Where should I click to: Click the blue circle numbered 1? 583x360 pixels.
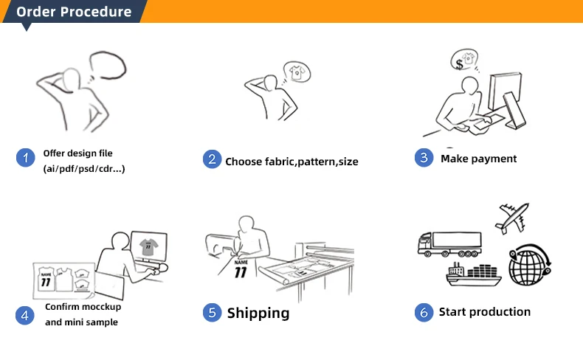point(25,158)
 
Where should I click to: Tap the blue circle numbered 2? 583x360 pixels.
point(212,159)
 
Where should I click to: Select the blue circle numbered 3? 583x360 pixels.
point(424,158)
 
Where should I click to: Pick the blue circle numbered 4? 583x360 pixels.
point(24,316)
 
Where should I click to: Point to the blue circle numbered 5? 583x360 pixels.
point(212,312)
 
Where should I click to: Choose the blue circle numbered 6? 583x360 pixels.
point(424,312)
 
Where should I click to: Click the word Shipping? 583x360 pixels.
point(258,314)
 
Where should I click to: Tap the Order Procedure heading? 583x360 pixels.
point(74,12)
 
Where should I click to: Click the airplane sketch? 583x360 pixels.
point(512,218)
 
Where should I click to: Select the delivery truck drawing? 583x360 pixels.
point(449,244)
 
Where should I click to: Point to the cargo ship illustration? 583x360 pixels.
point(474,274)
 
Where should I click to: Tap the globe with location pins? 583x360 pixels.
point(530,265)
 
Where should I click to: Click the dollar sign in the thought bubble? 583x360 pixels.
point(459,64)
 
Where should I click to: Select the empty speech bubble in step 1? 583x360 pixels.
point(108,66)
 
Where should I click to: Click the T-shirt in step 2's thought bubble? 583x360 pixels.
point(297,72)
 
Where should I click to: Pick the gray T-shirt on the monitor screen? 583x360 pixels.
point(148,246)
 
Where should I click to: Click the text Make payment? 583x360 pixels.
point(478,159)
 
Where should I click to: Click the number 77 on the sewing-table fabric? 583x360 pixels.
point(241,272)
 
